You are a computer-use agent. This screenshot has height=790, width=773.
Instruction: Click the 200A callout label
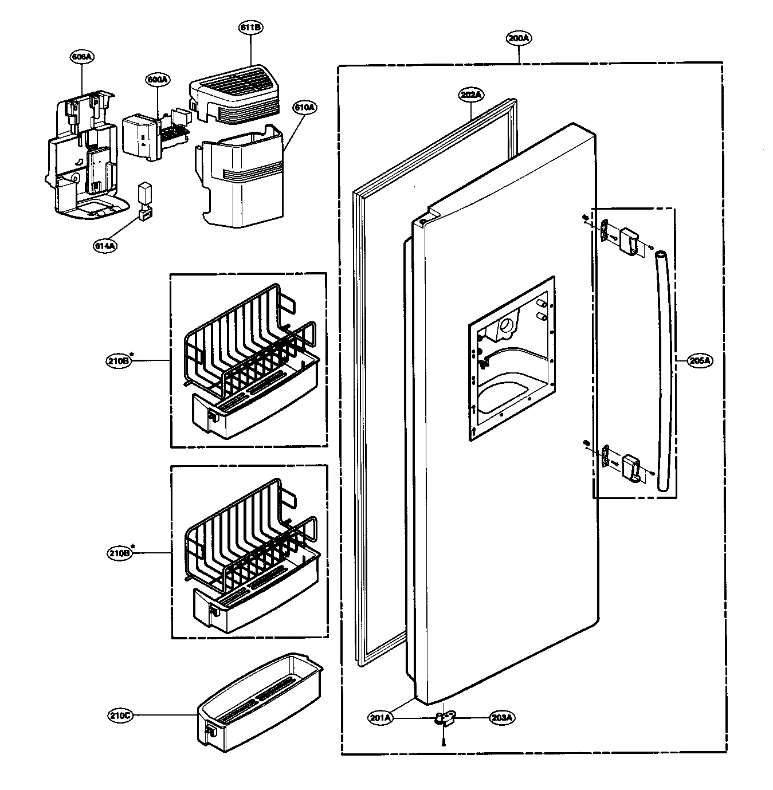click(519, 38)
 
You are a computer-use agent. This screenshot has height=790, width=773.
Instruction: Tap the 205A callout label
click(700, 360)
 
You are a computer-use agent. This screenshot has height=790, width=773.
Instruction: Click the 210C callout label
click(119, 716)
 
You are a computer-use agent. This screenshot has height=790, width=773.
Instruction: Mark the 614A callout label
click(105, 245)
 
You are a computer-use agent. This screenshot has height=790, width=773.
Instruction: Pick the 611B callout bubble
click(251, 27)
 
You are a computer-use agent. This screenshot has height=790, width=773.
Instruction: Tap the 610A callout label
click(304, 107)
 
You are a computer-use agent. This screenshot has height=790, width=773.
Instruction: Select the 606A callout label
click(83, 57)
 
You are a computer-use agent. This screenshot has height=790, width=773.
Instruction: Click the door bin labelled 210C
click(261, 705)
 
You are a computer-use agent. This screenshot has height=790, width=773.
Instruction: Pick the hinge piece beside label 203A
click(445, 718)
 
